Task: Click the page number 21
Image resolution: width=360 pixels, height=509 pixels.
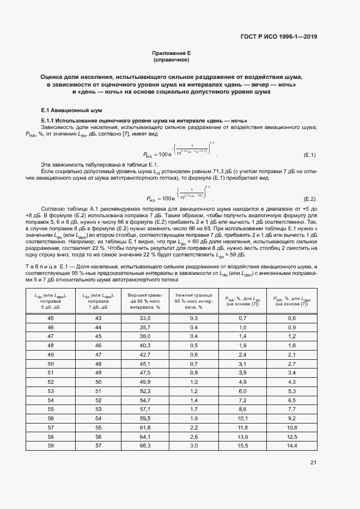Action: [x=313, y=463]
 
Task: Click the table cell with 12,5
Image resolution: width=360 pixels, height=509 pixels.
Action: [x=291, y=437]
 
